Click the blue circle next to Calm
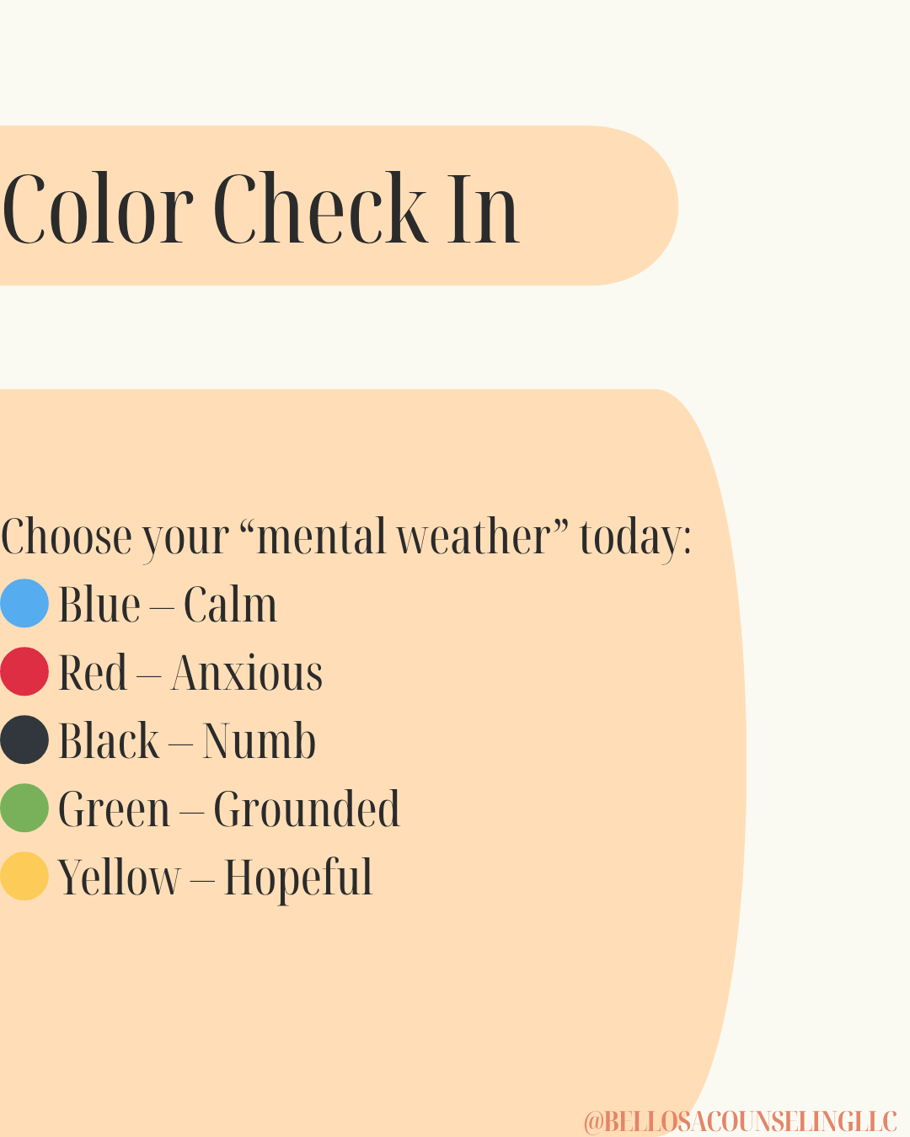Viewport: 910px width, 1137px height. click(x=24, y=603)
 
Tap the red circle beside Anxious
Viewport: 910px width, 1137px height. click(x=24, y=671)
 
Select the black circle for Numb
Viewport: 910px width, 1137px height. click(x=24, y=739)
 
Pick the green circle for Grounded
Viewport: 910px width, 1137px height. click(x=24, y=808)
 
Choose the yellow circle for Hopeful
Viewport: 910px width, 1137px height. click(x=24, y=876)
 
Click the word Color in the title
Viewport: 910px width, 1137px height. click(x=98, y=208)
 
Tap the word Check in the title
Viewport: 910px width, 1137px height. click(x=320, y=208)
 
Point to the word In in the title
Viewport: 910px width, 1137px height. click(x=484, y=210)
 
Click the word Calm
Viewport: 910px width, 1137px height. click(x=231, y=605)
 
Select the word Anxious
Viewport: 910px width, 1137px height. click(x=247, y=673)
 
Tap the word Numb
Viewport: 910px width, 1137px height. click(x=259, y=740)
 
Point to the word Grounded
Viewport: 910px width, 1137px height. click(x=307, y=809)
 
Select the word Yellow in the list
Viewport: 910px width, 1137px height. click(x=119, y=877)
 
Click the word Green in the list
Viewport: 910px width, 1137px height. click(x=115, y=809)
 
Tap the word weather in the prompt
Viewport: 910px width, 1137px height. click(x=474, y=536)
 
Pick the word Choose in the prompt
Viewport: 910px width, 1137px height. click(x=67, y=536)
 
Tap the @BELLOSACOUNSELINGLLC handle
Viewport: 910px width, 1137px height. click(x=741, y=1122)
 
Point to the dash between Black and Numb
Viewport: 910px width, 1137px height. click(x=181, y=744)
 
